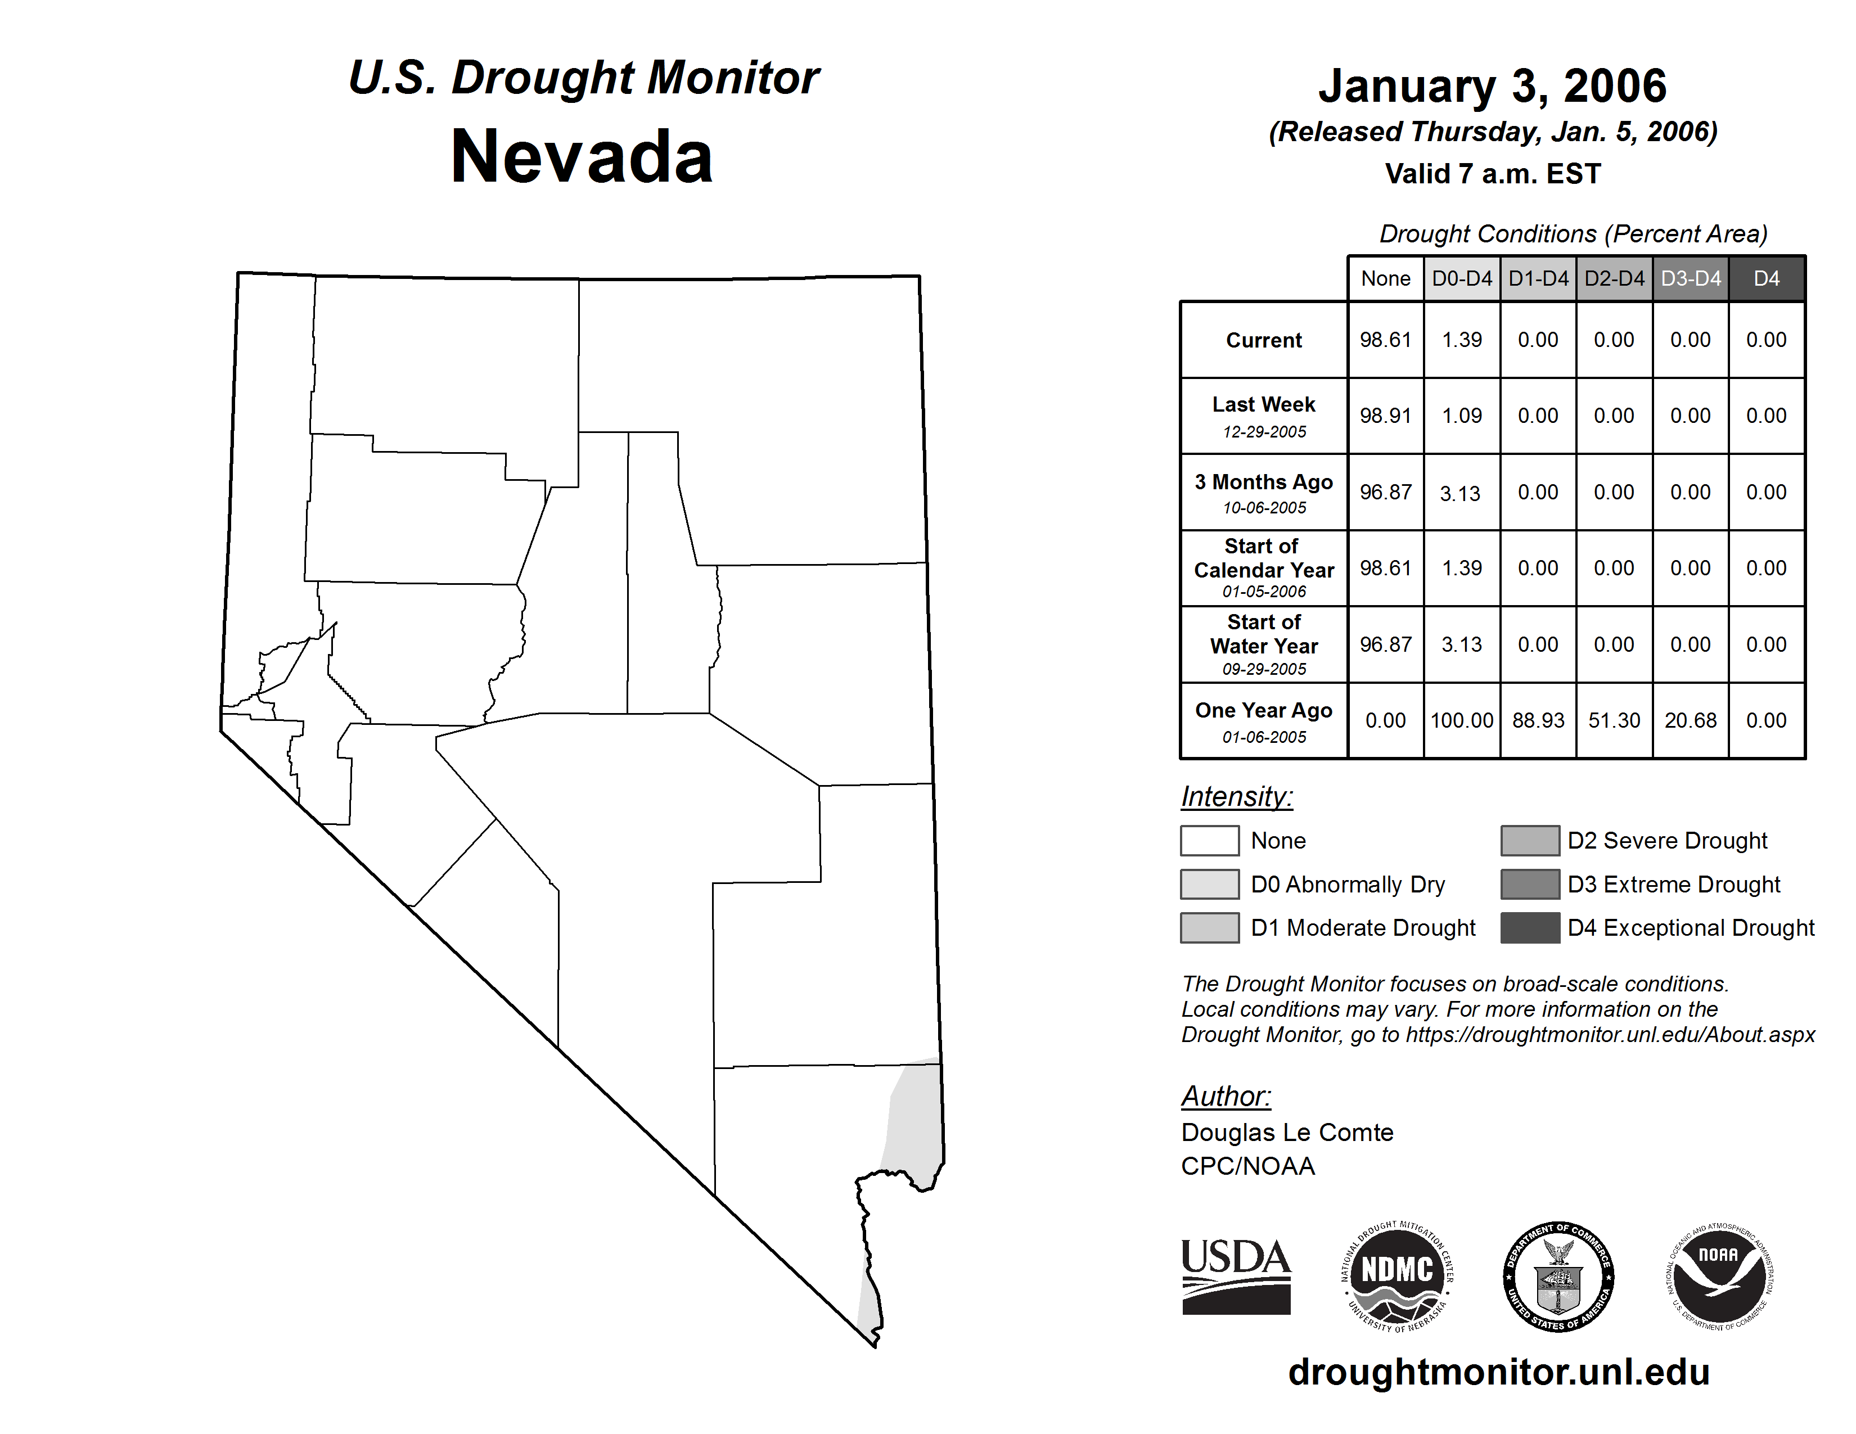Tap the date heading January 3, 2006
point(1492,86)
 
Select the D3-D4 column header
point(1690,278)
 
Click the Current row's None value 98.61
point(1385,340)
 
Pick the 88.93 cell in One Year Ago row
point(1538,720)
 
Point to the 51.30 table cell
point(1614,720)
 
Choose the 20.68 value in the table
point(1690,720)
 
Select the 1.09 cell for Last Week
point(1462,416)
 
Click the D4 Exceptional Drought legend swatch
point(1530,928)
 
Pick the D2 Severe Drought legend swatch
point(1530,840)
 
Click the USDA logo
point(1236,1276)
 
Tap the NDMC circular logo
point(1397,1276)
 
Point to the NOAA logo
point(1719,1276)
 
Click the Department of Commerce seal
point(1558,1276)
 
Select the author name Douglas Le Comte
point(1287,1133)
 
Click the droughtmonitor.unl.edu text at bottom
point(1498,1372)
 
